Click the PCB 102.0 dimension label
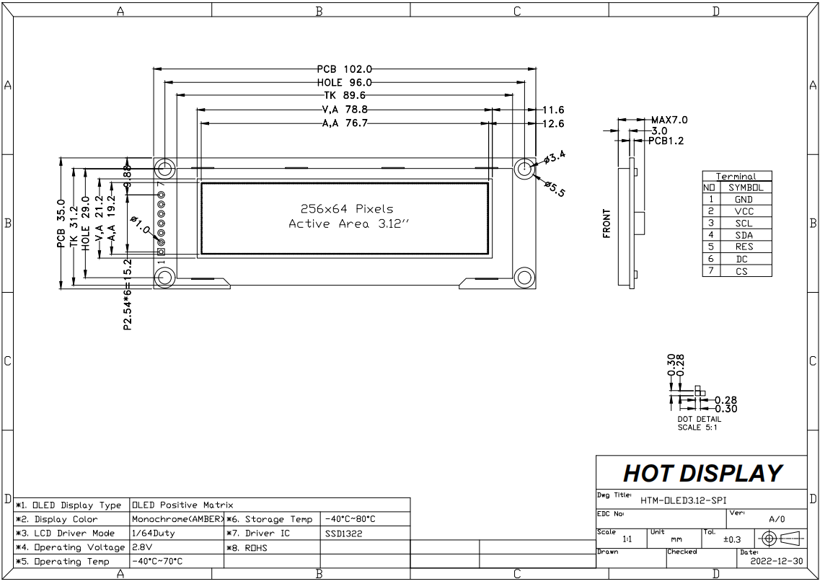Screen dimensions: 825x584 (x=344, y=69)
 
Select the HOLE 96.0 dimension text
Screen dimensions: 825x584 (x=344, y=83)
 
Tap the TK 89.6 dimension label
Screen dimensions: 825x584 (x=344, y=95)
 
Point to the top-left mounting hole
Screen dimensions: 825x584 (x=164, y=169)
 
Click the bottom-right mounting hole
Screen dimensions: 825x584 (x=524, y=278)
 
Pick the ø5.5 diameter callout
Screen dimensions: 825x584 (x=555, y=188)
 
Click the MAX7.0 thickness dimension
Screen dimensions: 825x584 (x=669, y=120)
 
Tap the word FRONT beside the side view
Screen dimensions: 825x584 (x=606, y=224)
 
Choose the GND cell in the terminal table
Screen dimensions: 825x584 (x=744, y=200)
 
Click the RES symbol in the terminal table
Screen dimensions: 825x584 (x=744, y=247)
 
